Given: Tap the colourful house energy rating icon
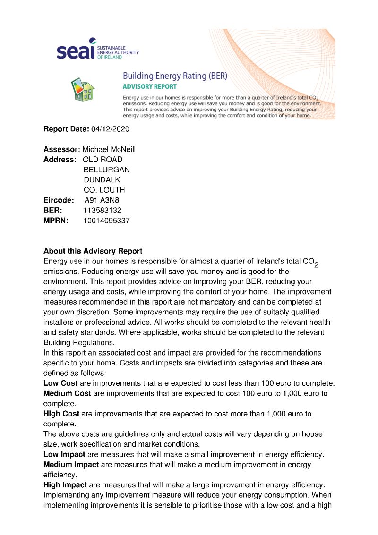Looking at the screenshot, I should [x=83, y=88].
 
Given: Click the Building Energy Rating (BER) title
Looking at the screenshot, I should [x=175, y=76].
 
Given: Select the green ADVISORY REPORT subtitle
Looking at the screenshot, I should [x=149, y=87].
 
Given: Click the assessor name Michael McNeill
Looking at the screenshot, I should [x=109, y=149].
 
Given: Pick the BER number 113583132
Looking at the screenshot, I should [x=102, y=210].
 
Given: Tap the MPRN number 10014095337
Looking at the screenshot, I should [x=106, y=221].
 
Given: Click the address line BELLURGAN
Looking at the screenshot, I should [x=106, y=170].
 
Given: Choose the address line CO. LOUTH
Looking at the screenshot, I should [x=104, y=190].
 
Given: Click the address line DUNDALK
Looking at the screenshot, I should [x=102, y=180].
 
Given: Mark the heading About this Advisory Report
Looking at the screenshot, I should [x=93, y=251].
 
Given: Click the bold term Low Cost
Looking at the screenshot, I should [x=61, y=383].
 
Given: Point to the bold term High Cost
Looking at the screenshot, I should [x=61, y=414].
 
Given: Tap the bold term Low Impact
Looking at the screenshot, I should [x=64, y=455].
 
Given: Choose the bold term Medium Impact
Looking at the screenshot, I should [x=71, y=465].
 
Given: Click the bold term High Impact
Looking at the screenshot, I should [x=65, y=485].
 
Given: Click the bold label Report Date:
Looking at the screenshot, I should [x=66, y=129].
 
